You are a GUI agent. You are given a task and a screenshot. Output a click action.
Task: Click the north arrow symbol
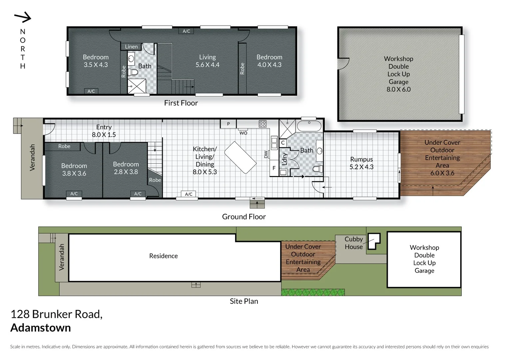tap(23, 17)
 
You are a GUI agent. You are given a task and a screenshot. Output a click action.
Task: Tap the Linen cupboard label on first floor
tap(131, 47)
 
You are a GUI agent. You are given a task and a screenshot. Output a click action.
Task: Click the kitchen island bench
tap(240, 157)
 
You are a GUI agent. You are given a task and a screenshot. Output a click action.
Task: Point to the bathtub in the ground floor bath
tap(309, 126)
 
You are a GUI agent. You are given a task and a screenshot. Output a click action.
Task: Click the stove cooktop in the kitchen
tap(262, 124)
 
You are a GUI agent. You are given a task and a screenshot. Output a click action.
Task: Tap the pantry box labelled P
tap(228, 124)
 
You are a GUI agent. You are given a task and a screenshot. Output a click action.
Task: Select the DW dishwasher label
tap(266, 154)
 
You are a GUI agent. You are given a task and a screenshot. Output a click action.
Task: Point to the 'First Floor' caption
tap(181, 103)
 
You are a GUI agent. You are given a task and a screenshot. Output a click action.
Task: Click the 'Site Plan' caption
tap(244, 301)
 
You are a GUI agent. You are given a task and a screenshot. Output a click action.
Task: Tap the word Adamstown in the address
tap(41, 328)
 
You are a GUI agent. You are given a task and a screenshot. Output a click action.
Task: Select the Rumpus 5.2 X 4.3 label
tap(361, 163)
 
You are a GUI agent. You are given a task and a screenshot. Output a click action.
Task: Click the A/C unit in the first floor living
tap(186, 31)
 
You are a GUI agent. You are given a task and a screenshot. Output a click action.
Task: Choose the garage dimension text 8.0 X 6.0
tap(398, 89)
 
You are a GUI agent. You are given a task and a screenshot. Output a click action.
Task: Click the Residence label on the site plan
tap(163, 256)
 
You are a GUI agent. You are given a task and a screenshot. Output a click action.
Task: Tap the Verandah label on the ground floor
tap(32, 157)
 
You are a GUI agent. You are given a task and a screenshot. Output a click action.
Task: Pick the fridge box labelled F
tap(274, 168)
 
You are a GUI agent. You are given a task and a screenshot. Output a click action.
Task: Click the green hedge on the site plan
tap(313, 292)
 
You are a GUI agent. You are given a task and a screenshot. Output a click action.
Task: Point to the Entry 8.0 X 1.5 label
tap(104, 131)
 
